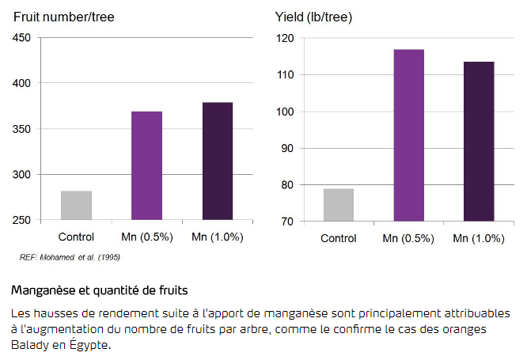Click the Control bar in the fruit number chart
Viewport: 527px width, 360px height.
coord(76,205)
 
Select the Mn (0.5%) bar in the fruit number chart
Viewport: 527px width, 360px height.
coord(146,165)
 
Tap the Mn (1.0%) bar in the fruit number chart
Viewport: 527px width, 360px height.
coord(218,161)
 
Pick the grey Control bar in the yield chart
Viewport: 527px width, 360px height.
coord(339,205)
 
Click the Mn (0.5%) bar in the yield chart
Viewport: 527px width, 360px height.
coord(409,135)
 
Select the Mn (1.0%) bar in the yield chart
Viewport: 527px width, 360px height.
coord(480,142)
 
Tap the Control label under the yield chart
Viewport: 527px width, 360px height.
coord(339,238)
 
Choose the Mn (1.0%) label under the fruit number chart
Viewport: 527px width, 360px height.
coord(218,237)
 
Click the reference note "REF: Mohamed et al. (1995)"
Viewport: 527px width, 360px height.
coord(70,257)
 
